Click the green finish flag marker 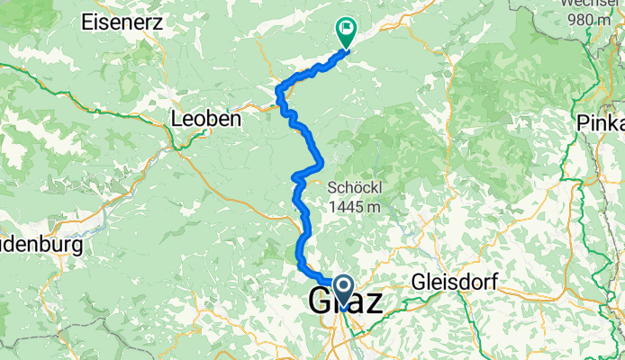(x=345, y=31)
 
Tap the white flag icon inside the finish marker (x=345, y=28)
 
